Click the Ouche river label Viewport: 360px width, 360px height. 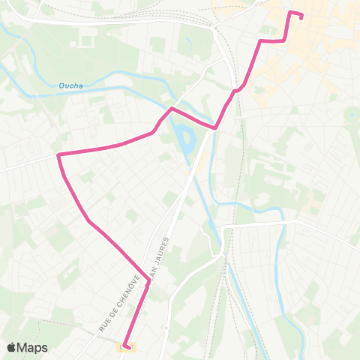(71, 85)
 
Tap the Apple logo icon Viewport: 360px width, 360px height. (12, 347)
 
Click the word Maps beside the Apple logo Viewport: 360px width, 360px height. (33, 347)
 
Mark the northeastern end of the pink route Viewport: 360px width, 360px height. (301, 17)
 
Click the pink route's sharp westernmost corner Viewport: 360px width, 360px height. (58, 154)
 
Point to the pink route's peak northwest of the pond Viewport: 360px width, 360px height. (172, 109)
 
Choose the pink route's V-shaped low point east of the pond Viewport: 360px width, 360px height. (216, 128)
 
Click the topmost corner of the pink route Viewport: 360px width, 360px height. (291, 12)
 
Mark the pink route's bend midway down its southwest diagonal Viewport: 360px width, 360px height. (89, 222)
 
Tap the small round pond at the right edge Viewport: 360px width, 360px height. (351, 115)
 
